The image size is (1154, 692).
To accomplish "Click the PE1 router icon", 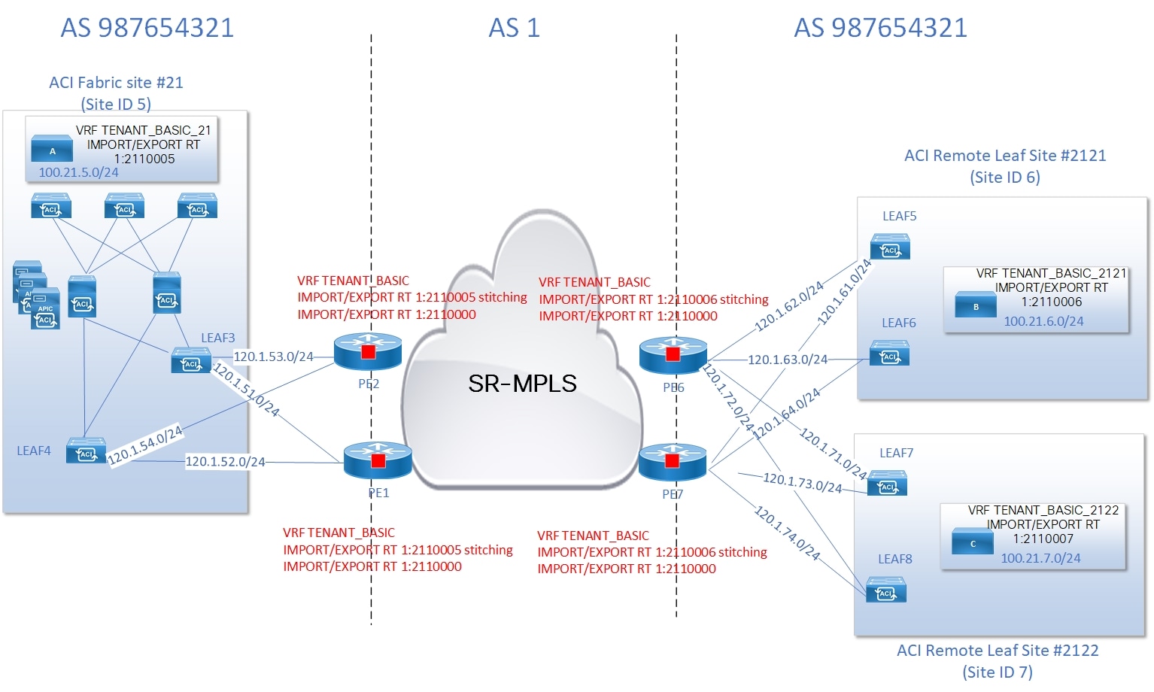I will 378,460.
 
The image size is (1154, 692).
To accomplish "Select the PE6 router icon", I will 673,354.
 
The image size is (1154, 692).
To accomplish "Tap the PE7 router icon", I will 672,461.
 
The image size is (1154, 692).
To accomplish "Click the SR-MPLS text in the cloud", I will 522,384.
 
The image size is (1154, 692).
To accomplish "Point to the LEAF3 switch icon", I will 190,361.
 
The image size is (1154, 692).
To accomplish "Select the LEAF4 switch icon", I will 86,451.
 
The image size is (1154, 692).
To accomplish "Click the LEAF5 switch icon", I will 890,247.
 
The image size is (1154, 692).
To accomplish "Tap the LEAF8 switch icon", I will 885,590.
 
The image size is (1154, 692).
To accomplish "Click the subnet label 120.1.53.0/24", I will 273,357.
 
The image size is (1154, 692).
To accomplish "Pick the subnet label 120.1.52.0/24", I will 225,462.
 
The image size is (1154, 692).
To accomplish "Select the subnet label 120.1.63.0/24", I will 787,360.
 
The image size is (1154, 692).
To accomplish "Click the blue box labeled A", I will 52,150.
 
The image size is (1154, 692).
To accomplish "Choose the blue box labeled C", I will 972,542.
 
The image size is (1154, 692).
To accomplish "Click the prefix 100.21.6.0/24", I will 1043,321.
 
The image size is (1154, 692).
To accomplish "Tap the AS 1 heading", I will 514,29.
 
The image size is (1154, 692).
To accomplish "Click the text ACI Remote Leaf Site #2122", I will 997,651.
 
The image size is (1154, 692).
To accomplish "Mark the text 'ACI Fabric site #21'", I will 116,83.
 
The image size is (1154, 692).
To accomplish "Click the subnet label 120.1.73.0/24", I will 802,482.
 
